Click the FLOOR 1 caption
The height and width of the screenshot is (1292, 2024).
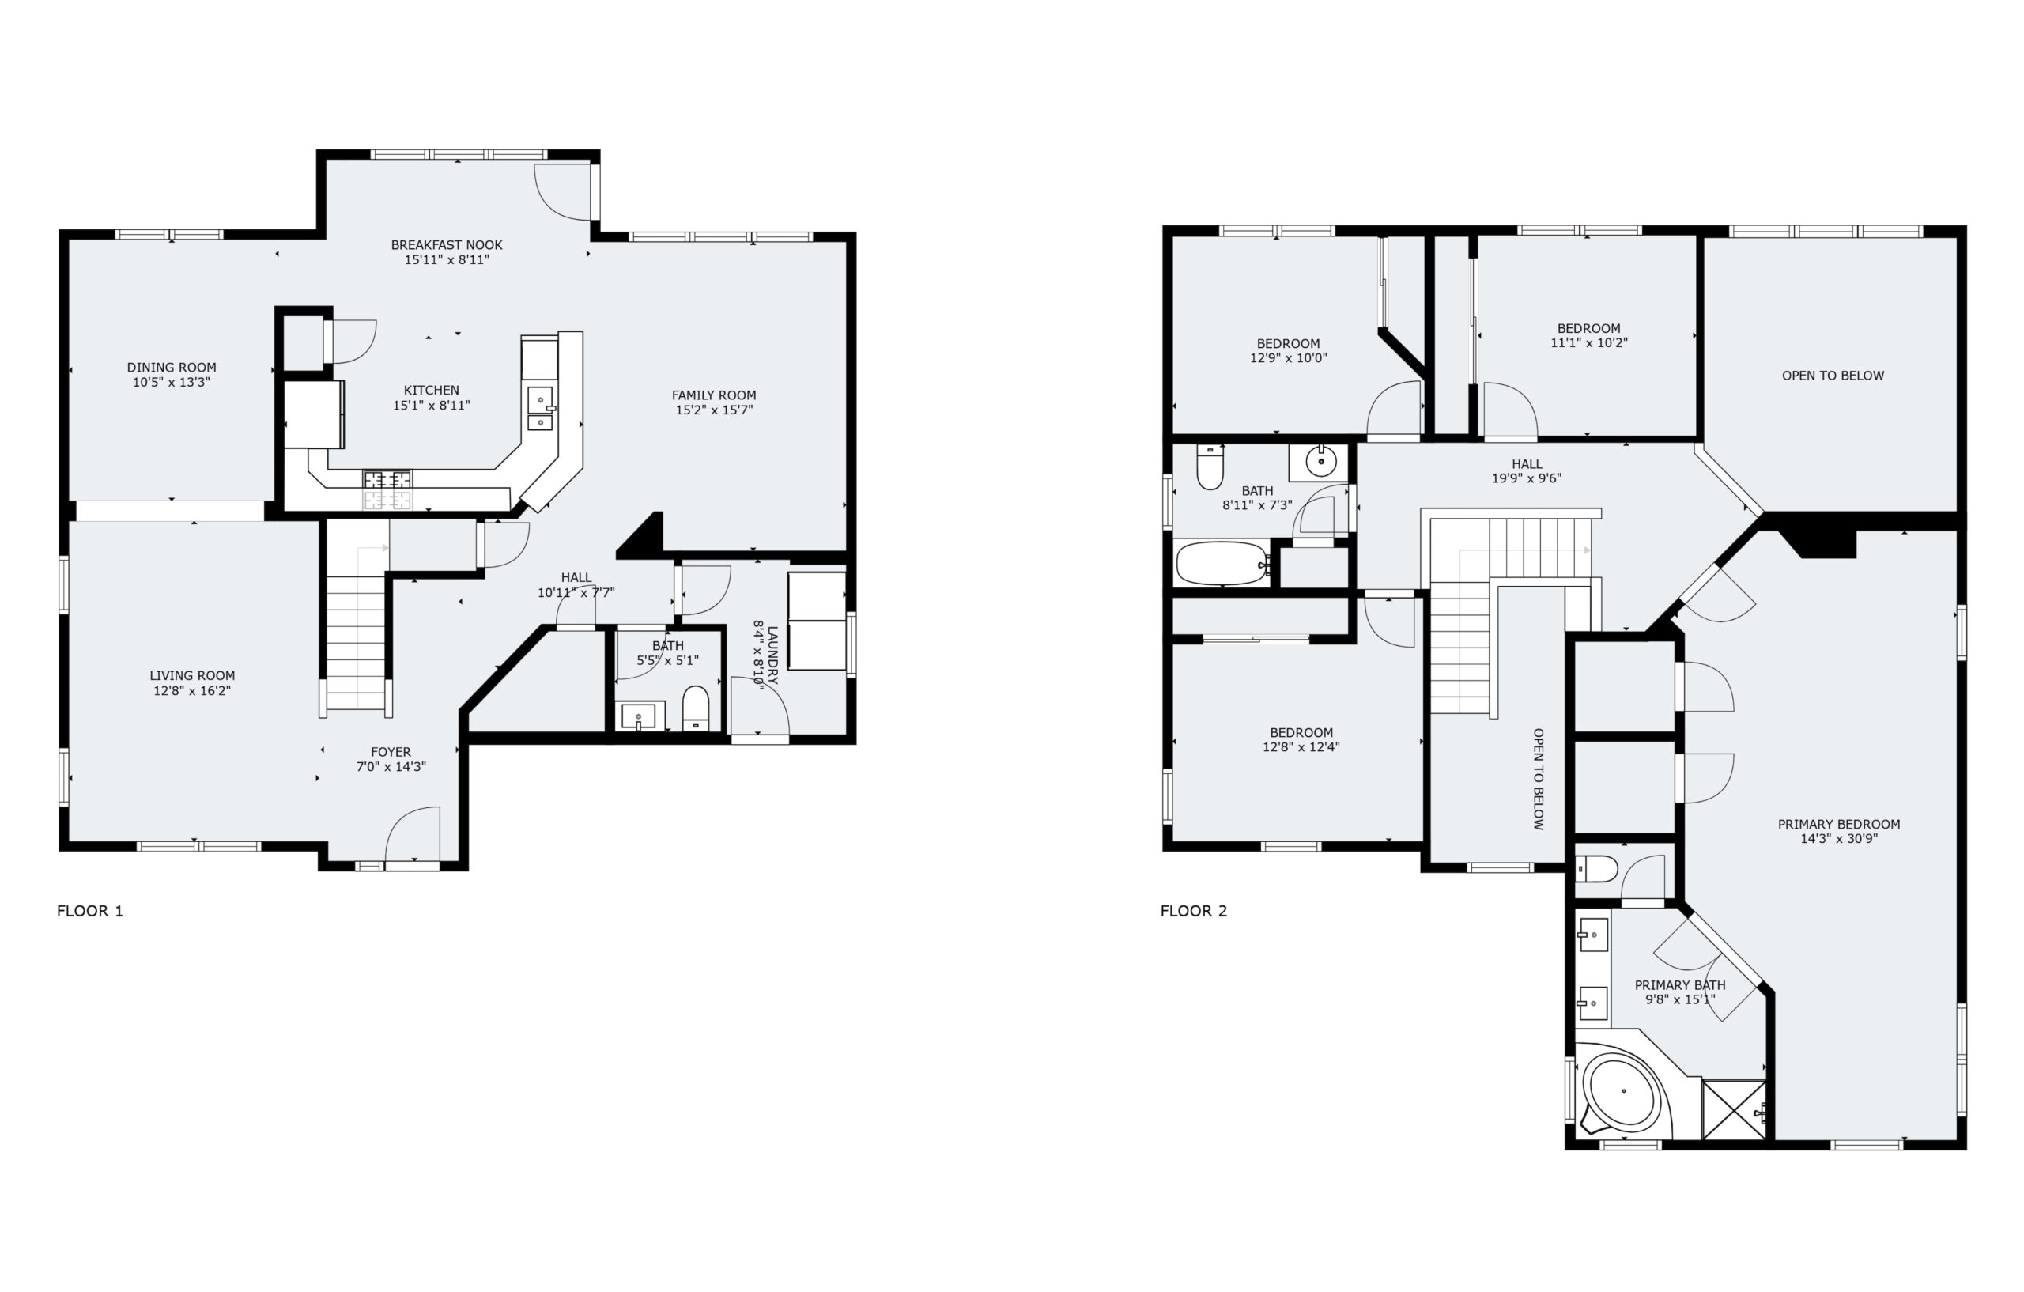pyautogui.click(x=90, y=910)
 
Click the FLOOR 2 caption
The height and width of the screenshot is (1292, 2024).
pyautogui.click(x=1194, y=910)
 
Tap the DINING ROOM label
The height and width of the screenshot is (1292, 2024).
pyautogui.click(x=172, y=368)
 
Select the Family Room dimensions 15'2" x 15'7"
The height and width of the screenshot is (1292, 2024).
pyautogui.click(x=714, y=410)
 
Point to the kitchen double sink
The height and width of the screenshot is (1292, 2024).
pyautogui.click(x=541, y=408)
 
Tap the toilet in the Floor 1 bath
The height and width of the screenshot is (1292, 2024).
pyautogui.click(x=696, y=708)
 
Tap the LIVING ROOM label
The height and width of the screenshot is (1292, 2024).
pyautogui.click(x=191, y=676)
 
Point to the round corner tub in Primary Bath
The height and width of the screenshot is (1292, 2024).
pyautogui.click(x=1623, y=1091)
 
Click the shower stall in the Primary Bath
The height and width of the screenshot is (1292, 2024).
pyautogui.click(x=1733, y=1109)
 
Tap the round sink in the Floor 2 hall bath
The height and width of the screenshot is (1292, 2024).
pyautogui.click(x=1320, y=462)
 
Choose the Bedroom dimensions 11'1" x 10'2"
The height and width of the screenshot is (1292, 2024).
pyautogui.click(x=1588, y=343)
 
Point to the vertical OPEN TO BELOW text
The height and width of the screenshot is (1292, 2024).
pyautogui.click(x=1539, y=780)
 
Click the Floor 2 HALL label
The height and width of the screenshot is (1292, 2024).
pyautogui.click(x=1527, y=464)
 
